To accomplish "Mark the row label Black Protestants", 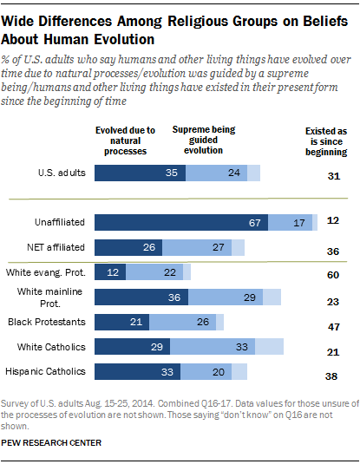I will click(45, 323).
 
